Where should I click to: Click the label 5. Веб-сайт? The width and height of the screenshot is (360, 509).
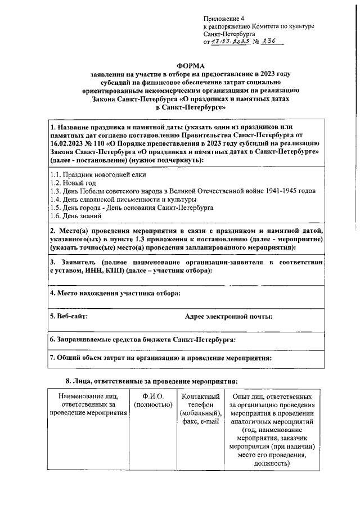click(x=69, y=317)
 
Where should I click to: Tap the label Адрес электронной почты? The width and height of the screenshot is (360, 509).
click(x=228, y=317)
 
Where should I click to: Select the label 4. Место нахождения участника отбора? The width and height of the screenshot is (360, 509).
click(x=115, y=293)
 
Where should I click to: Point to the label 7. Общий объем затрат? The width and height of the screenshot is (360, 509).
click(x=161, y=357)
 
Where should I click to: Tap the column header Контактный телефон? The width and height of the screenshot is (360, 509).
click(x=200, y=405)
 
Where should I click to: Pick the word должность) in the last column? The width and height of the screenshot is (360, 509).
click(x=271, y=464)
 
